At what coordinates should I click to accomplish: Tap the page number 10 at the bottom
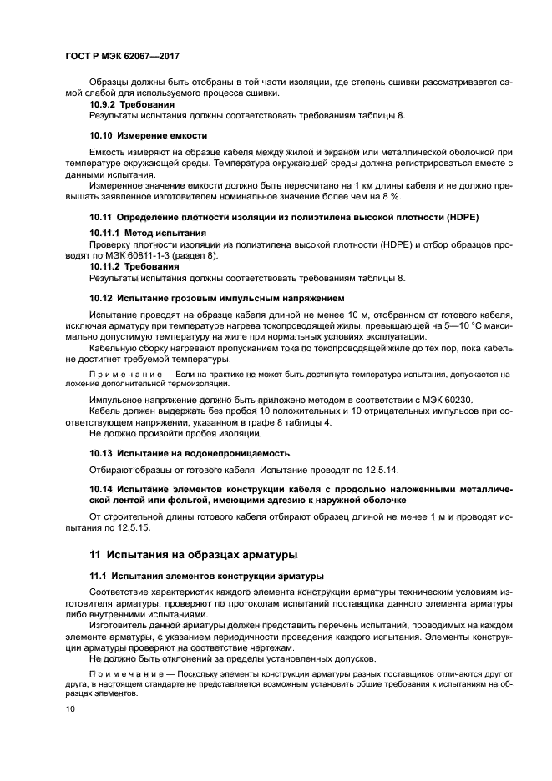(70, 708)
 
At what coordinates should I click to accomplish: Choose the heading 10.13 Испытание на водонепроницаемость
(190, 453)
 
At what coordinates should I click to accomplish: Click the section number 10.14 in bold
(101, 489)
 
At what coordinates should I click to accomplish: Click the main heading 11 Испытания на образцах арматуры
(194, 555)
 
